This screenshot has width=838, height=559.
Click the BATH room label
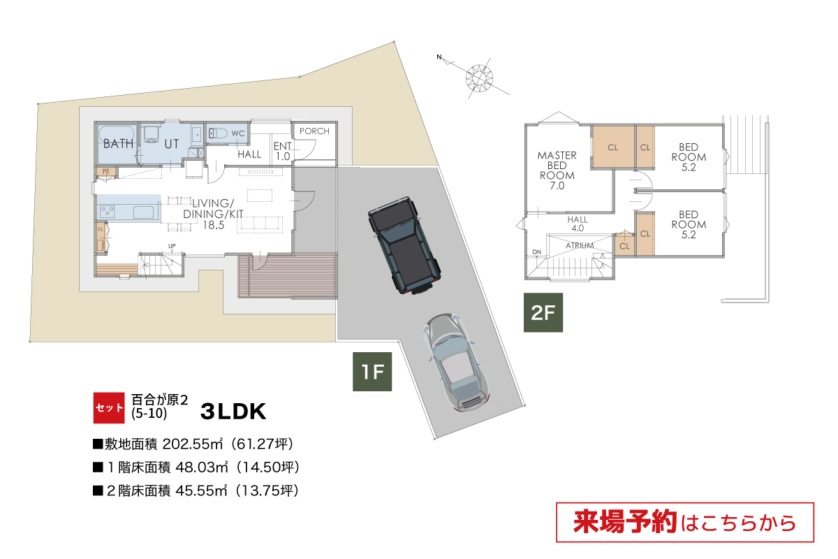118,144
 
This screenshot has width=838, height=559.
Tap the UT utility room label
172,144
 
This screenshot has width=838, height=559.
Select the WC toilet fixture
218,133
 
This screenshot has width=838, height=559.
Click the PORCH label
314,131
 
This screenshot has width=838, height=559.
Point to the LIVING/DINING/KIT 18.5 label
213,214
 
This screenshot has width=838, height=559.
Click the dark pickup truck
404,245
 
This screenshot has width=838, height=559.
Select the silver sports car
455,363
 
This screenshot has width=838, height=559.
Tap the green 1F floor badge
372,372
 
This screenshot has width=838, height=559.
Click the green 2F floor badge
543,312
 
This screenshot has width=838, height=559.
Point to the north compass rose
479,79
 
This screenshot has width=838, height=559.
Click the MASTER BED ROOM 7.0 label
557,170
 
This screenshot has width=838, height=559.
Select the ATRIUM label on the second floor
580,246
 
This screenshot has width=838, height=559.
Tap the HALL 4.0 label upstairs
578,224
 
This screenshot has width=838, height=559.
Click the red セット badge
109,408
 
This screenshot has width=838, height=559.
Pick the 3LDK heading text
233,411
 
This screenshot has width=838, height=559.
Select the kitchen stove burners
108,212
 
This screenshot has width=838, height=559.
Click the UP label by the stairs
172,246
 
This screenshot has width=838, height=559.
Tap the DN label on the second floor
537,252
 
